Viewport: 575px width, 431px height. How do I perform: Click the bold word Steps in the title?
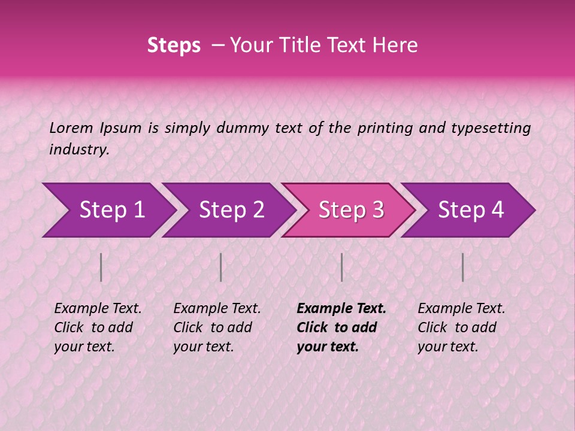(174, 45)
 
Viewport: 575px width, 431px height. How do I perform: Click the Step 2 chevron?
(231, 210)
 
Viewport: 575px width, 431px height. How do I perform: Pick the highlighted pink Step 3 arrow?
(351, 210)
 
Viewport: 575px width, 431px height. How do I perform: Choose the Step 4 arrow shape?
(471, 210)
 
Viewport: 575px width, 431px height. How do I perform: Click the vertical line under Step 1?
(101, 267)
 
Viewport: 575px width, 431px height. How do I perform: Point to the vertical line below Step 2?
(221, 267)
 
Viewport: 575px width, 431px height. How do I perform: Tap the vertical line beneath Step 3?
(341, 267)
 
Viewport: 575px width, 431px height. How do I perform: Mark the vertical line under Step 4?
(462, 267)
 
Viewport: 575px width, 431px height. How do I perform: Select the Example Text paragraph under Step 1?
(98, 327)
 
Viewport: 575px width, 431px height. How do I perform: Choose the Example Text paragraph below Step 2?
(217, 327)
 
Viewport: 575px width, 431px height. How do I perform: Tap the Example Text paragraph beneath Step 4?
(461, 327)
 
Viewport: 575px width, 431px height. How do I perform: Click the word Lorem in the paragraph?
(71, 128)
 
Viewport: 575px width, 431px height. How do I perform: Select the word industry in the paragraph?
(79, 150)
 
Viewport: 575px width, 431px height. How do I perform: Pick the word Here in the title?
(398, 45)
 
